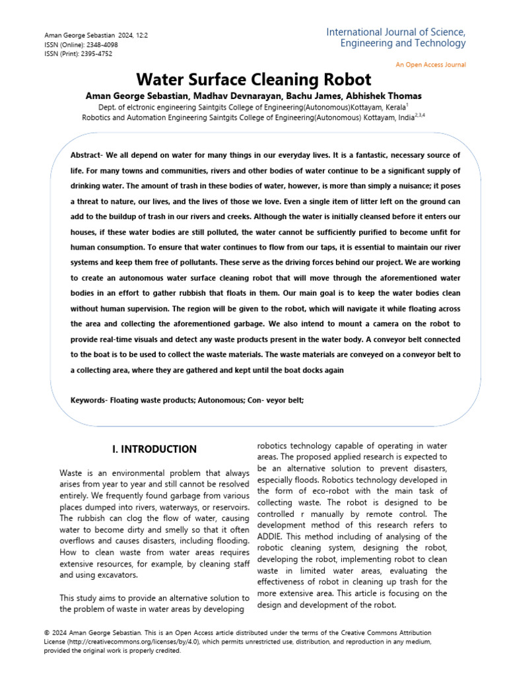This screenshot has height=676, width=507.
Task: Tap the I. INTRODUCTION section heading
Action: coord(154,450)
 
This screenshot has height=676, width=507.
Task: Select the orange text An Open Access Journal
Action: coord(430,65)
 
